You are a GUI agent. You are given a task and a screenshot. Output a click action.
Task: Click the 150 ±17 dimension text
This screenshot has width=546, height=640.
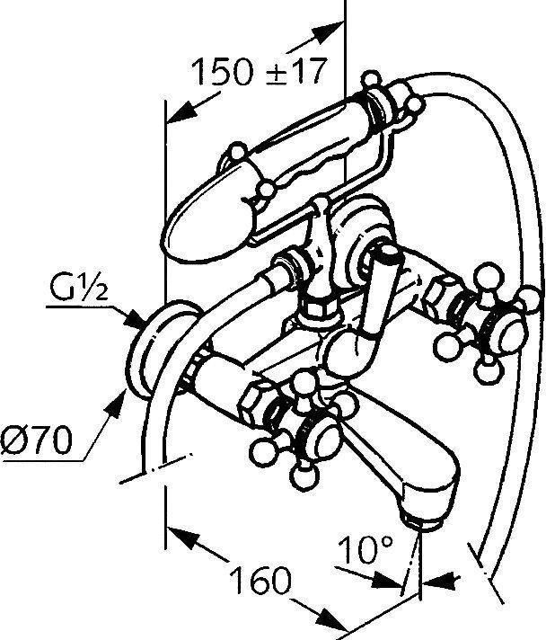260,71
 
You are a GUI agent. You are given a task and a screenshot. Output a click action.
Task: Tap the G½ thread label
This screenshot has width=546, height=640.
79,287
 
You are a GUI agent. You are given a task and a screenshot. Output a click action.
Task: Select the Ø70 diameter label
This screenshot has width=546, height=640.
37,440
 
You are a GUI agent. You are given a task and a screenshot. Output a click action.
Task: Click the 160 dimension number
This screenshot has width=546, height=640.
261,580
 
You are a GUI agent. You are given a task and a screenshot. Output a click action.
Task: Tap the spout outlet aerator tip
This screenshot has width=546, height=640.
422,522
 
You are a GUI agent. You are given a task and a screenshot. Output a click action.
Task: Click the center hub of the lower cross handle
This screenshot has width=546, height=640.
322,440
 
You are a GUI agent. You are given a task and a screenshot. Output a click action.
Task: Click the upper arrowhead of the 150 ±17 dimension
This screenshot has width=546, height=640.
329,31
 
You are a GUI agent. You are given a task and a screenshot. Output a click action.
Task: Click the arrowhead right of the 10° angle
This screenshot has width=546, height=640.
443,580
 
